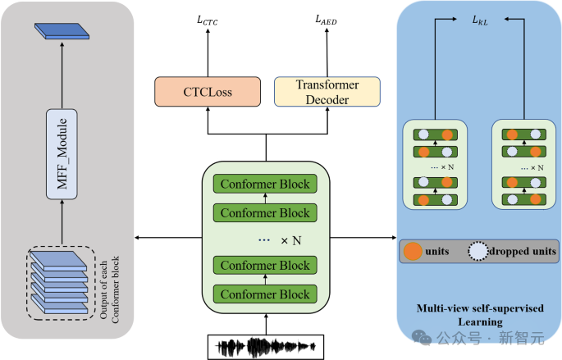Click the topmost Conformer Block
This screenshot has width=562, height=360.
click(x=267, y=185)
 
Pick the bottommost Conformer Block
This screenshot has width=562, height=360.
click(x=267, y=294)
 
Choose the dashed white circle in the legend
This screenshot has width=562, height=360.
click(x=477, y=251)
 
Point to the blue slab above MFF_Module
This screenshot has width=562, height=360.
click(x=62, y=30)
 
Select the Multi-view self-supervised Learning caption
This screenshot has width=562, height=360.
click(x=481, y=316)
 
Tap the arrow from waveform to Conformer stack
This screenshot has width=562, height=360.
click(x=265, y=321)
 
